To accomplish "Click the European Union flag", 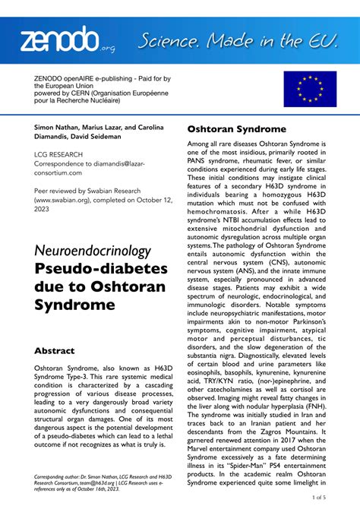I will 309,90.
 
